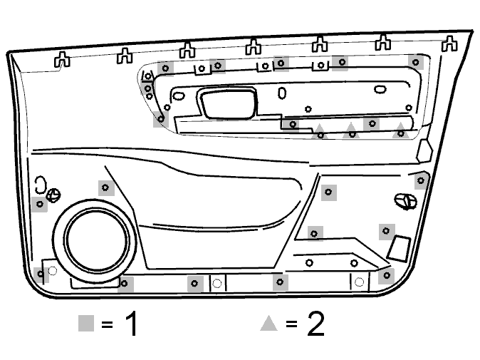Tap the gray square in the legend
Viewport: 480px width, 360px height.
(86, 323)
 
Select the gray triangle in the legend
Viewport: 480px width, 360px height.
(268, 324)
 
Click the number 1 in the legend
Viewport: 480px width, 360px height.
(132, 323)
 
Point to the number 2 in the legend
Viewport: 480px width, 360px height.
(315, 324)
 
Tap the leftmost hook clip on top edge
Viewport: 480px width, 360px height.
(62, 59)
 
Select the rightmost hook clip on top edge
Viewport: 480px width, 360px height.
(449, 43)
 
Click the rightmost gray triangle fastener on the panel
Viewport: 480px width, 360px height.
(401, 130)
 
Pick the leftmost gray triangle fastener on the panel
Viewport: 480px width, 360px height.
(319, 131)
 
